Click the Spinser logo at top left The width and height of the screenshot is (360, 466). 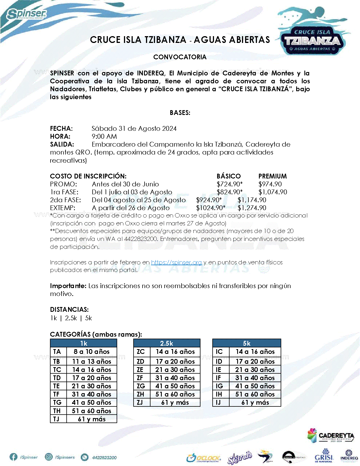click(27, 13)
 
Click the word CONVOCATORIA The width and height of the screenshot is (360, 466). click(180, 57)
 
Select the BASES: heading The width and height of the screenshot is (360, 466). click(180, 113)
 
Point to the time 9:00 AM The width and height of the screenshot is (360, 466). click(104, 136)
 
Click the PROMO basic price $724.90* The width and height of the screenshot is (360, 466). click(229, 184)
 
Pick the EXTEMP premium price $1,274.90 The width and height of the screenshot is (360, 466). click(252, 208)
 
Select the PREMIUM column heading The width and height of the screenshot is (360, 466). click(272, 176)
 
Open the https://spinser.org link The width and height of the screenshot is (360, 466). click(176, 262)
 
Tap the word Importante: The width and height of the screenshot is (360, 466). click(68, 286)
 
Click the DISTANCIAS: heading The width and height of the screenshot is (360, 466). click(69, 310)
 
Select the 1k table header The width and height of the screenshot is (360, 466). click(84, 343)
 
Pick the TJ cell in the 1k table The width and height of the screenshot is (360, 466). click(56, 419)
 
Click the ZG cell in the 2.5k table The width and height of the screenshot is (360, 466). click(141, 386)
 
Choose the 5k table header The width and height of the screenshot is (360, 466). click(246, 343)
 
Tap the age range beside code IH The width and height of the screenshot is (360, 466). click(255, 394)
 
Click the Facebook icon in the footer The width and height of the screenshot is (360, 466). click(13, 457)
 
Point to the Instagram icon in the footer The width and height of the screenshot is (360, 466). click(49, 457)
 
